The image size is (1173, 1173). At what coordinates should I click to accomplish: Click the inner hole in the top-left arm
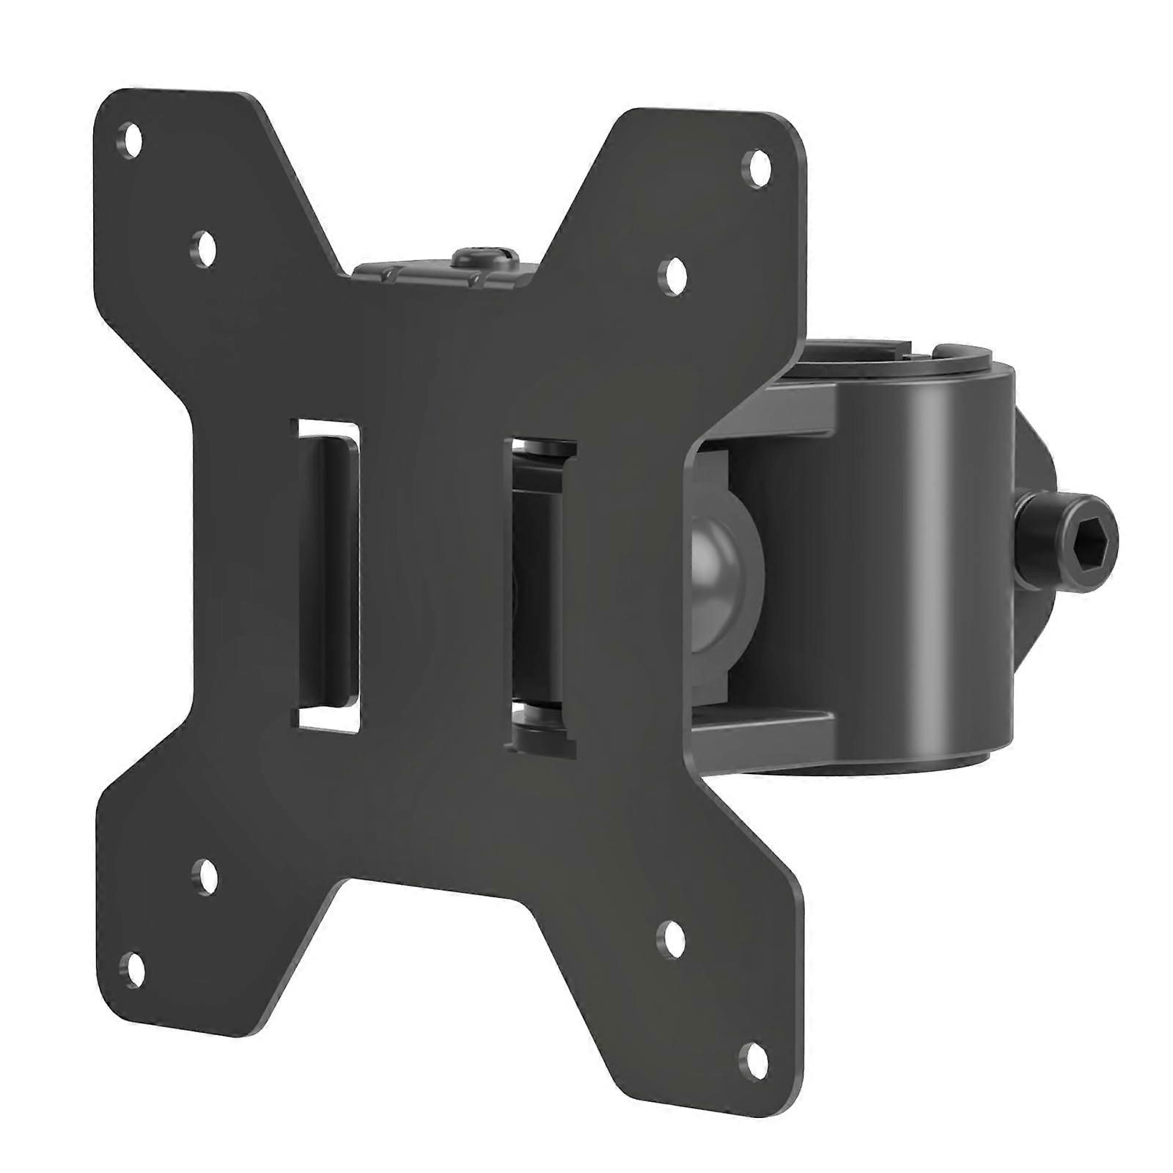(x=205, y=244)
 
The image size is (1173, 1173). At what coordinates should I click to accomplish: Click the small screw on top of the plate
(x=477, y=258)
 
